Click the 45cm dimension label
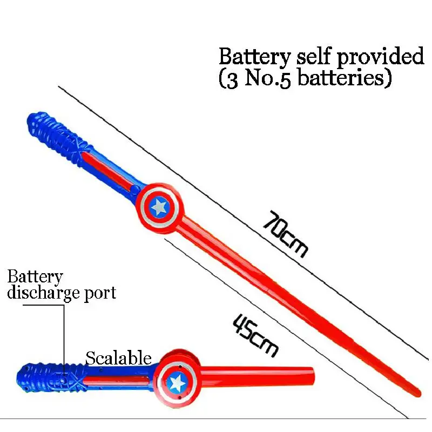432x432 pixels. point(255,335)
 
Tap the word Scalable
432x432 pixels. point(118,357)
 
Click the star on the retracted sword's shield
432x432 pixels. point(177,382)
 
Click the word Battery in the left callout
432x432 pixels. point(35,278)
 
